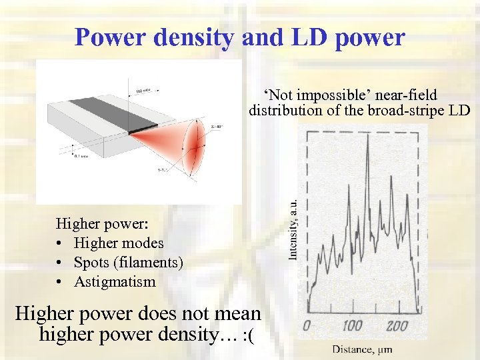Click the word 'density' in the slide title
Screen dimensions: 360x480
pyautogui.click(x=193, y=37)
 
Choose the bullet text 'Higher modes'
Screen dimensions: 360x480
pyautogui.click(x=119, y=243)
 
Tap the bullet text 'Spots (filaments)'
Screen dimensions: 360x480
pyautogui.click(x=129, y=263)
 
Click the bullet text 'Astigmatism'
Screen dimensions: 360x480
pyautogui.click(x=115, y=281)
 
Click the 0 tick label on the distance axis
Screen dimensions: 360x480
pyautogui.click(x=307, y=327)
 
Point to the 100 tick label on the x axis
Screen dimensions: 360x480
pyautogui.click(x=351, y=327)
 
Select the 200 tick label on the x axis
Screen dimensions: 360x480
pyautogui.click(x=397, y=327)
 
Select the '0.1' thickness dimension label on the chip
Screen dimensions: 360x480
pyautogui.click(x=80, y=156)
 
